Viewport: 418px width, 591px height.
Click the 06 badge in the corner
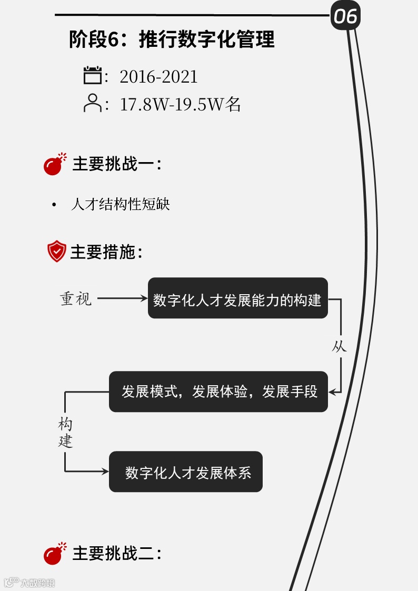pyautogui.click(x=345, y=16)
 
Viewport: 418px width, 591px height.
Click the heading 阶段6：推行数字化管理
pyautogui.click(x=172, y=39)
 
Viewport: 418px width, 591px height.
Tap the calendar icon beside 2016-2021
pyautogui.click(x=93, y=75)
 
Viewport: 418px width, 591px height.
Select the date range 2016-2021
pyautogui.click(x=158, y=77)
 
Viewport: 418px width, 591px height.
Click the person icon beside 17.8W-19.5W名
pyautogui.click(x=93, y=103)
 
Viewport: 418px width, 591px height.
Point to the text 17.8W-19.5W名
pyautogui.click(x=180, y=104)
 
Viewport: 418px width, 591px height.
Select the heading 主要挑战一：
pyautogui.click(x=116, y=164)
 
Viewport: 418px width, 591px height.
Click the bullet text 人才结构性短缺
pyautogui.click(x=121, y=204)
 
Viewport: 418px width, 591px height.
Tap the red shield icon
pyautogui.click(x=56, y=251)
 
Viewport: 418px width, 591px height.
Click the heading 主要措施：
pyautogui.click(x=106, y=252)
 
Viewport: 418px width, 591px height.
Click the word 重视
pyautogui.click(x=76, y=298)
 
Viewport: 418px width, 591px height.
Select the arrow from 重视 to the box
pyautogui.click(x=123, y=298)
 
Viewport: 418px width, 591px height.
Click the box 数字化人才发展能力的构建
pyautogui.click(x=237, y=298)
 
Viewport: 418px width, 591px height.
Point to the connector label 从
pyautogui.click(x=339, y=346)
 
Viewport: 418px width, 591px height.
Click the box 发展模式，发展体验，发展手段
pyautogui.click(x=218, y=392)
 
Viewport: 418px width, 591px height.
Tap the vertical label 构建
pyautogui.click(x=65, y=433)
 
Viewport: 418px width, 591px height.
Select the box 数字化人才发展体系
pyautogui.click(x=186, y=472)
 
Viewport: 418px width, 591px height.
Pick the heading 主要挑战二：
pyautogui.click(x=116, y=553)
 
